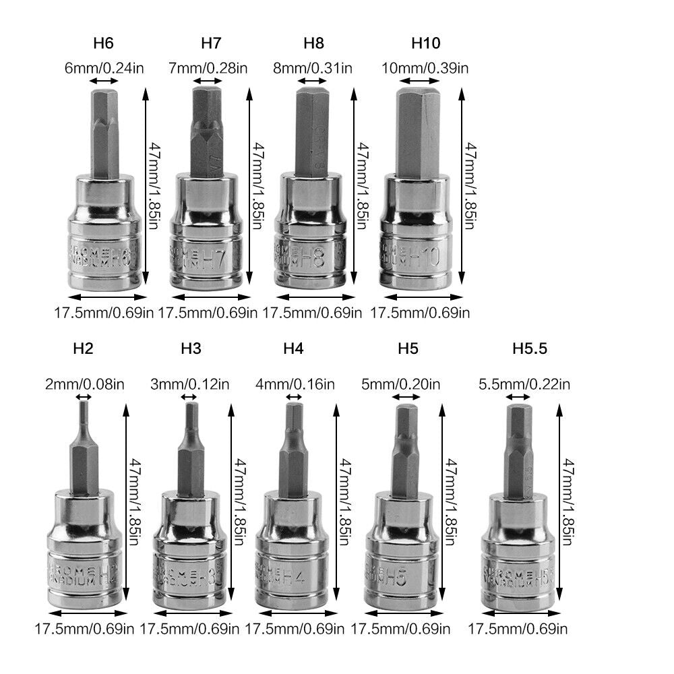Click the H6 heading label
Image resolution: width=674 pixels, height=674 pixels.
pyautogui.click(x=102, y=44)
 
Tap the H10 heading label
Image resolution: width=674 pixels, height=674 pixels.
pyautogui.click(x=425, y=44)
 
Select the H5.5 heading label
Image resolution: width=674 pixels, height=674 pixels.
pyautogui.click(x=529, y=348)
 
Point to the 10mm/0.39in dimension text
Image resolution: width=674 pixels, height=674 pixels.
pyautogui.click(x=426, y=67)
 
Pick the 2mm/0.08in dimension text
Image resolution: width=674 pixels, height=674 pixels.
pyautogui.click(x=84, y=385)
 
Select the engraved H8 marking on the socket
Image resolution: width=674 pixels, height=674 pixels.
pyautogui.click(x=313, y=258)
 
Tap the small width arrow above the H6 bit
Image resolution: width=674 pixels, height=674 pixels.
pyautogui.click(x=104, y=81)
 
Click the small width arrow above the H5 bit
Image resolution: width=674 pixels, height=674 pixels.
pyautogui.click(x=406, y=398)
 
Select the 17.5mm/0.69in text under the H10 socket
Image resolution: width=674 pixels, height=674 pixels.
pyautogui.click(x=421, y=312)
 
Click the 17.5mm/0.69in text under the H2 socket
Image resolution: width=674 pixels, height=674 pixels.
pyautogui.click(x=84, y=629)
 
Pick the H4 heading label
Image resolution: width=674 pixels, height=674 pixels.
pyautogui.click(x=293, y=348)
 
